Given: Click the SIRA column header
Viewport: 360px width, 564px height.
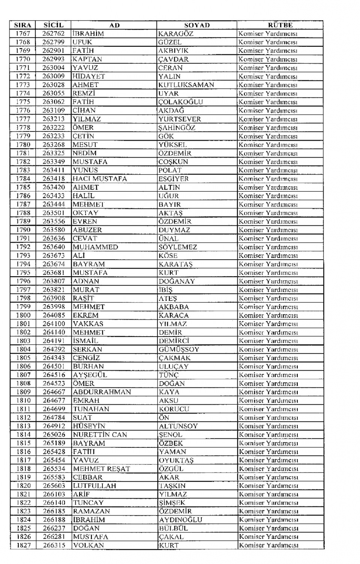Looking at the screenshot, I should pos(22,25).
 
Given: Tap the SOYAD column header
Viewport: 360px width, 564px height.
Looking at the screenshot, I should pos(197,25).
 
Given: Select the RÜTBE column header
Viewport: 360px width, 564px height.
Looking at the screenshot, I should pos(280,25).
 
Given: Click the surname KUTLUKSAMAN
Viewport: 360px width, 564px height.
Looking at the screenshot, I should pos(186,85).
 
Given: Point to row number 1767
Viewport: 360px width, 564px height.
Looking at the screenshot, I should pos(22,34).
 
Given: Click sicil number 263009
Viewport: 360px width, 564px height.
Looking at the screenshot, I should pos(53,76).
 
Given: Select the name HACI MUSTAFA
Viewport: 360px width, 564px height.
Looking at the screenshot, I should pos(100,179).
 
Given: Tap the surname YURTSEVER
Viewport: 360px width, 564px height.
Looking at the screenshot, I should pos(180,119).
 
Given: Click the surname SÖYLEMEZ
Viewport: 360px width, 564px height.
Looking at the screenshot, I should pos(177,247).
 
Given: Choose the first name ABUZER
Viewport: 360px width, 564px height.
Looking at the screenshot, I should pos(87,230).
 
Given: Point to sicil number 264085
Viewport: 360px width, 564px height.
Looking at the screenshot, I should pos(54,315).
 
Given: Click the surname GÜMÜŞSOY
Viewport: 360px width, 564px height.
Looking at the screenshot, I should pos(179,349).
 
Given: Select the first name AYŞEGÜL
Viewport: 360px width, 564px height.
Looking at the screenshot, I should pos(90,375).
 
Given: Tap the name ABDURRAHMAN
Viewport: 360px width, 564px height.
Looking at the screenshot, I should pos(102,392).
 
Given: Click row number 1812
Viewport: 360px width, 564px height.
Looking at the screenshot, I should pos(23,417).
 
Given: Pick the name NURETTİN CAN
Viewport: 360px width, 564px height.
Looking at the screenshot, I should pos(100,435).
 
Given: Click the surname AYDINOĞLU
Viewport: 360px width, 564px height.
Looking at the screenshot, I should pos(180,520).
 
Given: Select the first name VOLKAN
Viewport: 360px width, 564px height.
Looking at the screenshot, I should pos(88,545).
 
